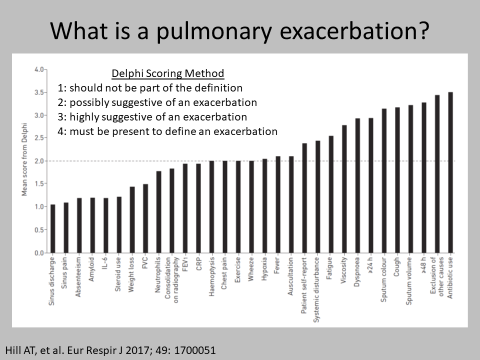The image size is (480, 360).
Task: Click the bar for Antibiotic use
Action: [x=450, y=172]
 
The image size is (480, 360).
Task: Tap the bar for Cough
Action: [x=397, y=180]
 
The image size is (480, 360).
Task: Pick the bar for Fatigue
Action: [x=331, y=194]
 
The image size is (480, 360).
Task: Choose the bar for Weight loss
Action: [x=132, y=220]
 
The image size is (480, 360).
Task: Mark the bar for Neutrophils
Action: [x=158, y=212]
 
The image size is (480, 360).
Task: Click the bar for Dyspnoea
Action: [x=357, y=185]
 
